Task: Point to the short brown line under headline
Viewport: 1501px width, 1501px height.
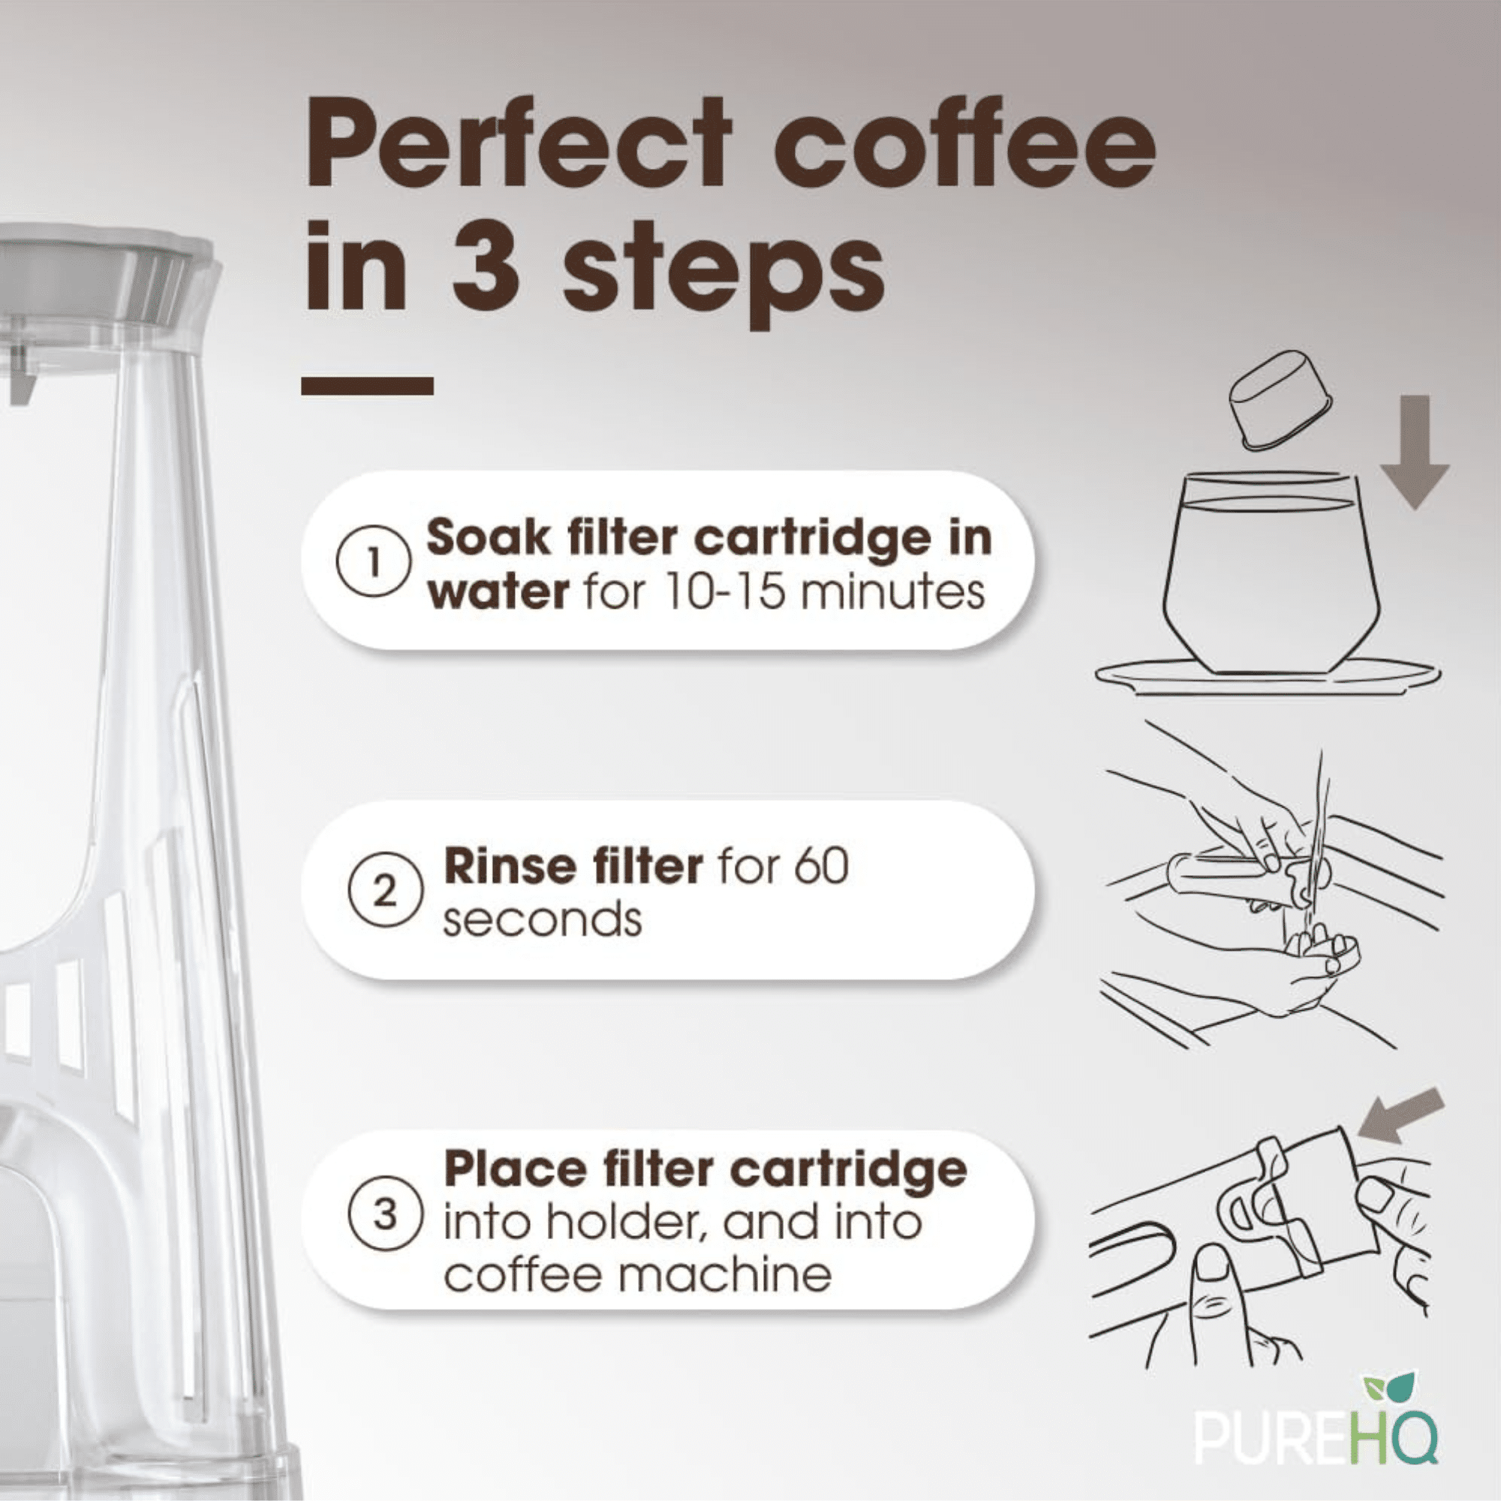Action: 367,385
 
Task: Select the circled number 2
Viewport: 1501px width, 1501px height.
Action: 384,893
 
